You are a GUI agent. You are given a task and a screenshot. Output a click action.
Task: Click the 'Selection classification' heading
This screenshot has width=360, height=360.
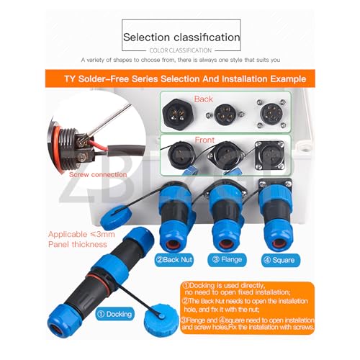point(181,37)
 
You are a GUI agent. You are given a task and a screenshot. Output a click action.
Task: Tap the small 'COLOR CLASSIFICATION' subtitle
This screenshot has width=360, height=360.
point(180,50)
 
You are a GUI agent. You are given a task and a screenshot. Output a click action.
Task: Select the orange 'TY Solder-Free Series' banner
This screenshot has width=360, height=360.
point(181,78)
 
